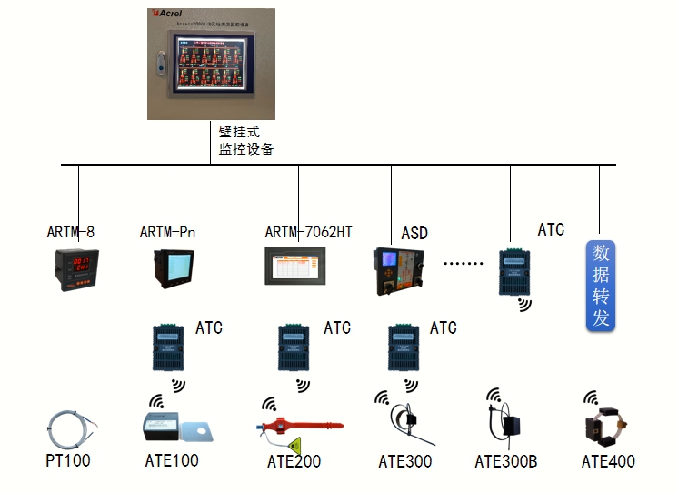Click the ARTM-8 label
point(71,232)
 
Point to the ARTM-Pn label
point(167,232)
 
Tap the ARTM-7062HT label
point(308,232)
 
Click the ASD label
point(414,234)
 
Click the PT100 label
point(68,461)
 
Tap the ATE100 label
point(172,461)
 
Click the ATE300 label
point(405,461)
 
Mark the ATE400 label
point(608,461)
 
